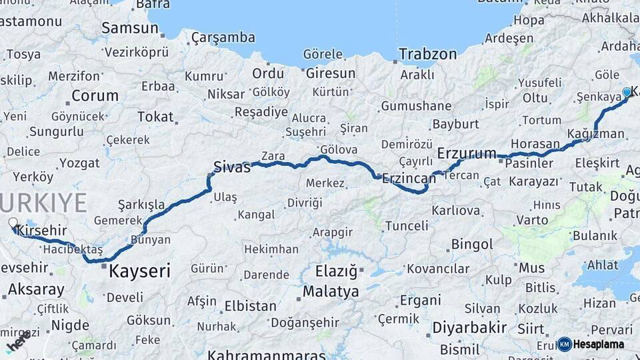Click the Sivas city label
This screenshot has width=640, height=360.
(232, 167)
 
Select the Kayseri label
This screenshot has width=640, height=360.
(139, 271)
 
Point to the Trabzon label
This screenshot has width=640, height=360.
(428, 55)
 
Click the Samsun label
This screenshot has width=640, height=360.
(129, 28)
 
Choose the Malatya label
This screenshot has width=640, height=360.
(331, 291)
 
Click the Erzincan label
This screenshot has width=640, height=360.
(408, 177)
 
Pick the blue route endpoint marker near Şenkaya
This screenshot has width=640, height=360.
(627, 93)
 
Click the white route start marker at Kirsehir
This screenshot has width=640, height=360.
(13, 223)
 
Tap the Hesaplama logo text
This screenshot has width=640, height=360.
(599, 344)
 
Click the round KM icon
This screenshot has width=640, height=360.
(565, 344)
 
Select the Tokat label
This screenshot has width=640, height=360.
(155, 117)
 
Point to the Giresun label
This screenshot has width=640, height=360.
(331, 73)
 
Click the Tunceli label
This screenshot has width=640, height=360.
(407, 225)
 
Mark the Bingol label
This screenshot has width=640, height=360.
(471, 244)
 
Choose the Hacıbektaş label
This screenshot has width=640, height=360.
(72, 249)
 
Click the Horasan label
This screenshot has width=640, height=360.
(535, 143)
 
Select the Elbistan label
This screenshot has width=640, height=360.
(251, 307)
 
